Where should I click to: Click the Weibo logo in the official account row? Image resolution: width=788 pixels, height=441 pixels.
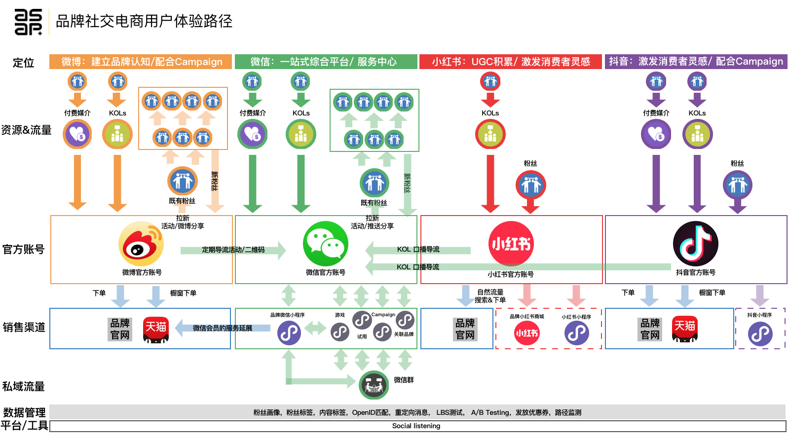(141, 244)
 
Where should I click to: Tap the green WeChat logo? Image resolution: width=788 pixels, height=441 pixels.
(326, 244)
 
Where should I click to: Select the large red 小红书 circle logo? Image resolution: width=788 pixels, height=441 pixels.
(511, 244)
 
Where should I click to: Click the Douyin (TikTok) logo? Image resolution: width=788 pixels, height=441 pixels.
(696, 244)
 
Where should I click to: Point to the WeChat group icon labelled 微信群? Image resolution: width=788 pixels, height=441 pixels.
(374, 385)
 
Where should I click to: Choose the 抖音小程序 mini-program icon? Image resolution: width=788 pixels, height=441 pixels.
(760, 334)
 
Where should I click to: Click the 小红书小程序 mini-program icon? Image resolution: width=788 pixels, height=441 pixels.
(576, 333)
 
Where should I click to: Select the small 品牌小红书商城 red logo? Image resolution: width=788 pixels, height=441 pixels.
(527, 333)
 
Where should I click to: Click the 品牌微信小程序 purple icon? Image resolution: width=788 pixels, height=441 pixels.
(289, 333)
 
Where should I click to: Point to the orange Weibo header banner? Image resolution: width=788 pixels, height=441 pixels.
(141, 62)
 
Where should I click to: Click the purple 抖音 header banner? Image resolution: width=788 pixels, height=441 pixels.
(696, 62)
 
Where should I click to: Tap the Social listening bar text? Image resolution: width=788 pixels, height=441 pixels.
(416, 426)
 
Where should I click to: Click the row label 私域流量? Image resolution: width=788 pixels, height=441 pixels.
(24, 386)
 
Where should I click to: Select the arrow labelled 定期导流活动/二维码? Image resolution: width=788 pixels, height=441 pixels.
(233, 250)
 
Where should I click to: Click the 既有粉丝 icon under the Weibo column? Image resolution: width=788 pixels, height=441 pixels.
(183, 182)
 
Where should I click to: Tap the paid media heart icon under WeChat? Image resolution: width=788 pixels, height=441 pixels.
(253, 134)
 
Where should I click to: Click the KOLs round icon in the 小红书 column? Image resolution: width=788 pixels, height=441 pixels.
(490, 134)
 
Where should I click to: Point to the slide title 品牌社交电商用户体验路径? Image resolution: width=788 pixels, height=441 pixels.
(144, 21)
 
